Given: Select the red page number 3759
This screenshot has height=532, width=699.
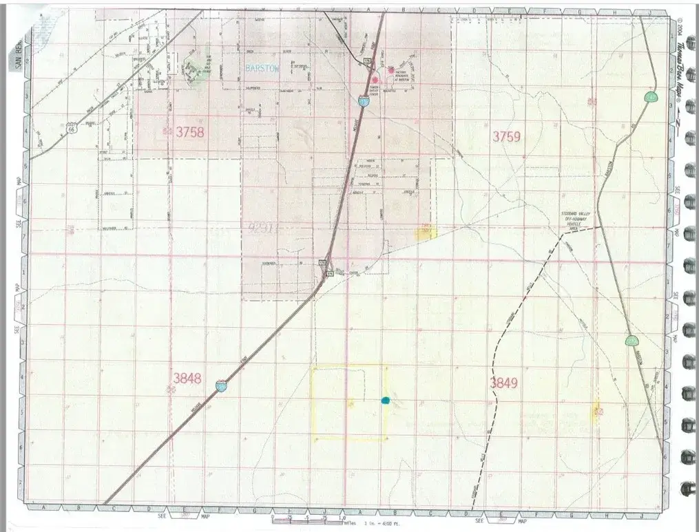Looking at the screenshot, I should click(505, 137).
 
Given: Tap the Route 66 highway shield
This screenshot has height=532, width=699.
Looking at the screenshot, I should click(71, 128).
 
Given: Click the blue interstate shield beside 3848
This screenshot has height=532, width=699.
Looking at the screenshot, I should click(220, 387).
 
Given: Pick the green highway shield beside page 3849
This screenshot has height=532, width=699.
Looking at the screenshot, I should click(631, 341).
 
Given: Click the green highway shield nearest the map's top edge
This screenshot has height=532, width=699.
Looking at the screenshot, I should click(649, 97).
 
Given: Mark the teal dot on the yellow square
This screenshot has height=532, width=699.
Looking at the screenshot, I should click(385, 400).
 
